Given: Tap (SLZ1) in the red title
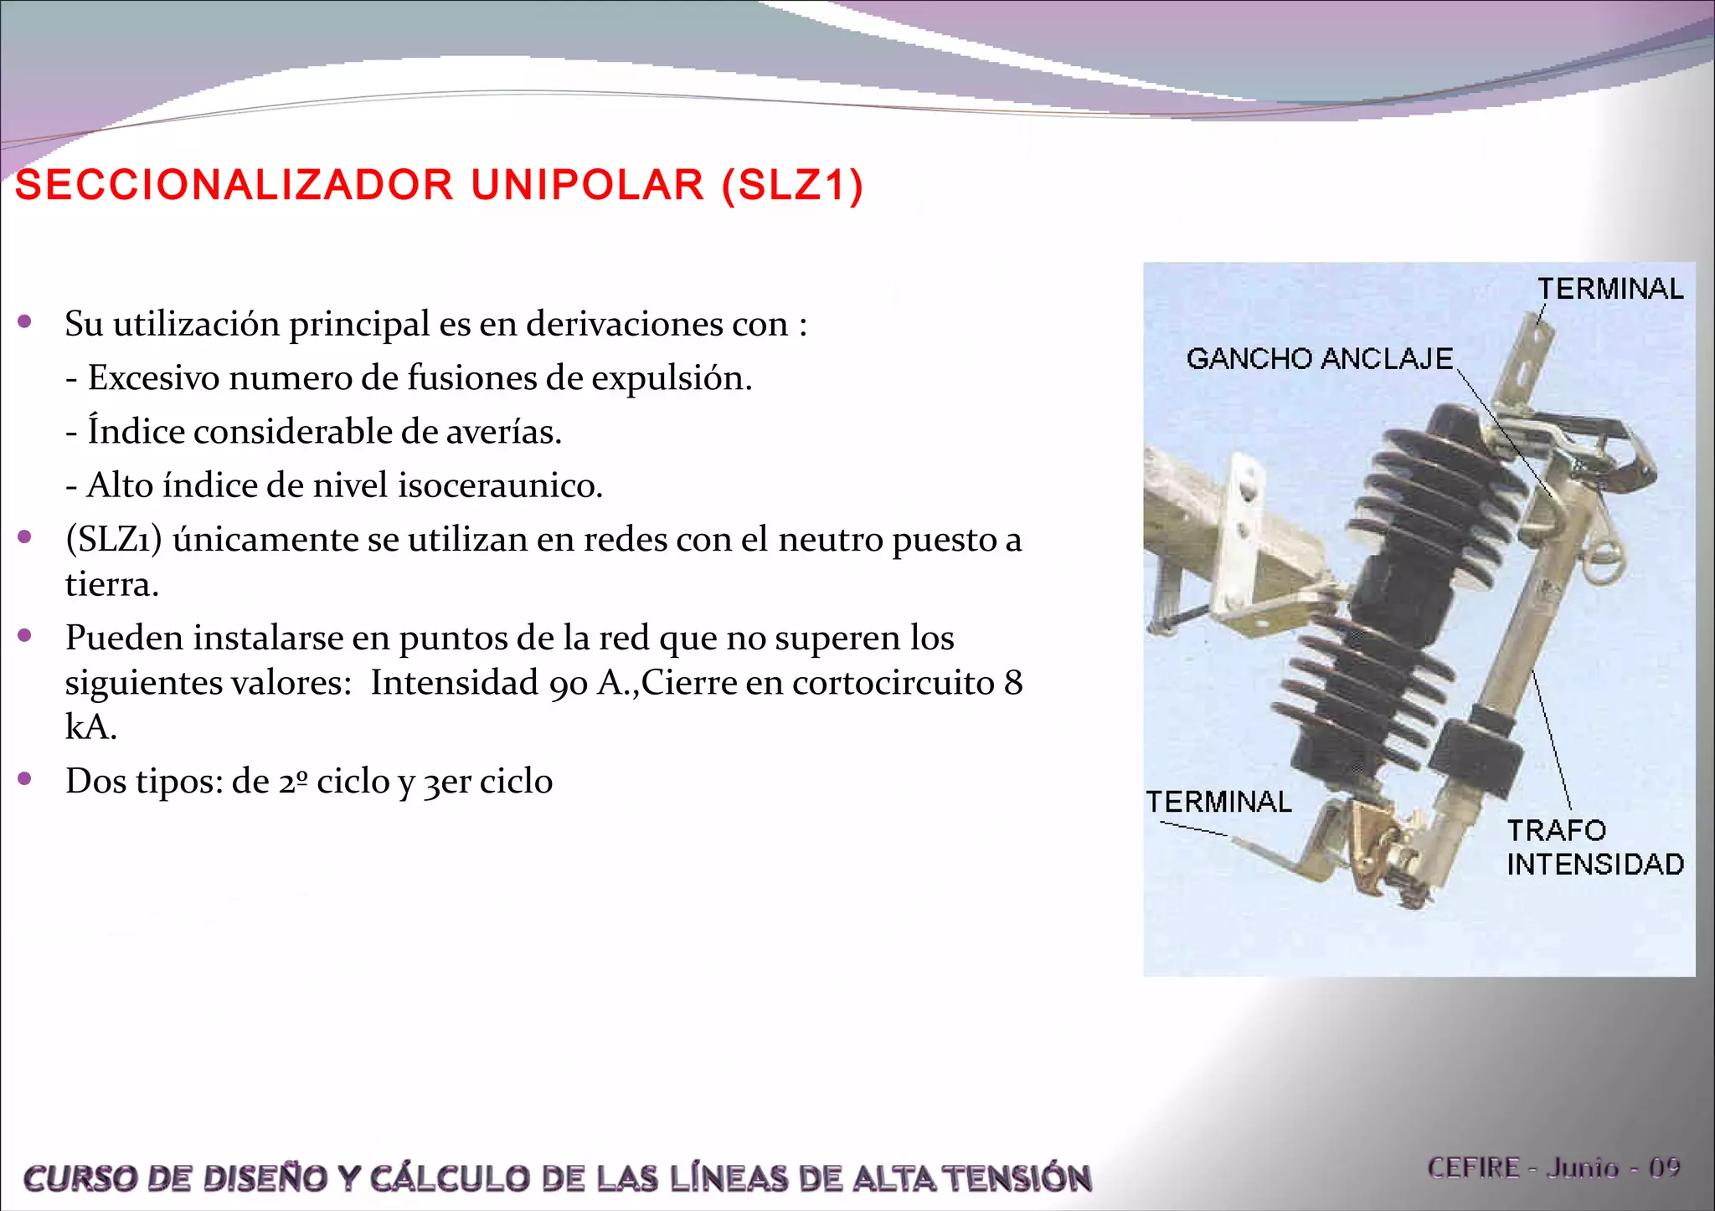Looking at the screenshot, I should click(x=792, y=185).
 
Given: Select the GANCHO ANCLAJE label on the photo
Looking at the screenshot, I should click(x=1319, y=359).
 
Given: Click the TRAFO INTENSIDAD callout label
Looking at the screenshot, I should click(x=1594, y=847).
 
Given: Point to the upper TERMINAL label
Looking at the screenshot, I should click(x=1609, y=289).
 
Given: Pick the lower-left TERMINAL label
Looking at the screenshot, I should click(x=1218, y=802).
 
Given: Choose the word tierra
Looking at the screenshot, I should click(x=111, y=584).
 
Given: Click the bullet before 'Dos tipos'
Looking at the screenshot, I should click(x=25, y=779).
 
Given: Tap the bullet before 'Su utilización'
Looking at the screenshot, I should click(x=25, y=321).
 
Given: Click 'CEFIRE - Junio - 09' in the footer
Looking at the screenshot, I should click(x=1553, y=1167).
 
